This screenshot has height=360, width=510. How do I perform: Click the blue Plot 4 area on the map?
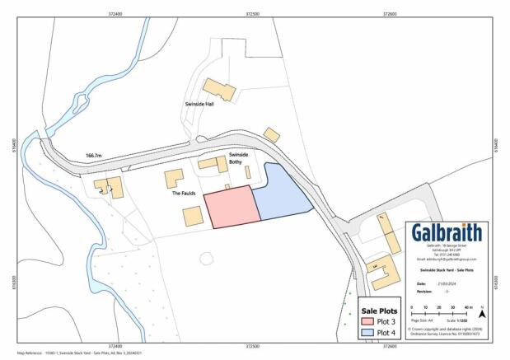(280, 193)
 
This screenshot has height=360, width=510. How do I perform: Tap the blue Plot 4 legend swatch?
(367, 332)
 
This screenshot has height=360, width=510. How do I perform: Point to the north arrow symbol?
(483, 312)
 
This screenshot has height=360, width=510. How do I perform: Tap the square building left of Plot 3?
(193, 217)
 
